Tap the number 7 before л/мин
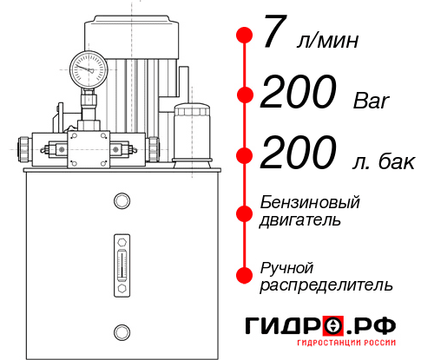point(274,35)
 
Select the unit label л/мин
point(328,40)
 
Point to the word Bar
point(373,100)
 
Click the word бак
point(396,160)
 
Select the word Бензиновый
point(310,202)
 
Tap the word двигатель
point(300,219)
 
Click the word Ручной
point(287,266)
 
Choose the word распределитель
point(326,285)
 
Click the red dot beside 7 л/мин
point(244,36)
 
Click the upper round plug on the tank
point(122,200)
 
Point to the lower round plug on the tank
point(122,330)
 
